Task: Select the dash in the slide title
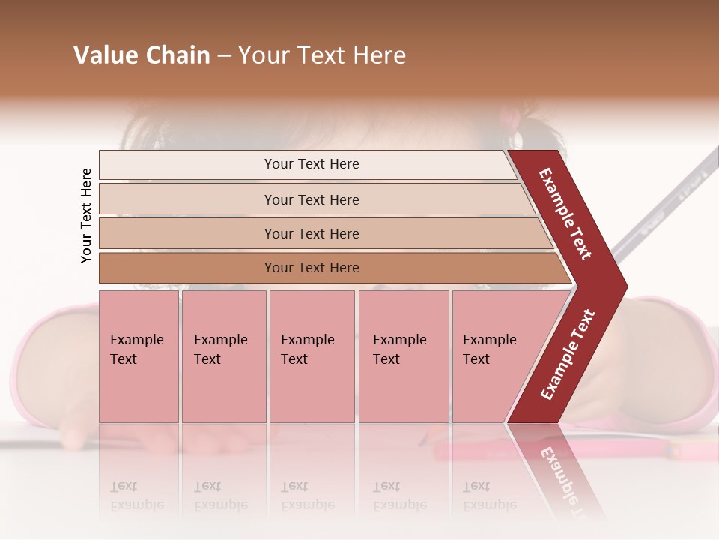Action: (x=224, y=56)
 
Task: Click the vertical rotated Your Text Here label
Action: (x=87, y=215)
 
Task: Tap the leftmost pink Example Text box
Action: (x=139, y=356)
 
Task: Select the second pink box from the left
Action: (x=223, y=356)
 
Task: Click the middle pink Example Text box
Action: (x=312, y=356)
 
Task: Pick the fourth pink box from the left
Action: (x=403, y=356)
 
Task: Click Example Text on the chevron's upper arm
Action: (x=566, y=214)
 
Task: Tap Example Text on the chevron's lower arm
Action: (x=567, y=355)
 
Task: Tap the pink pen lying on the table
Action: (x=554, y=450)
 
